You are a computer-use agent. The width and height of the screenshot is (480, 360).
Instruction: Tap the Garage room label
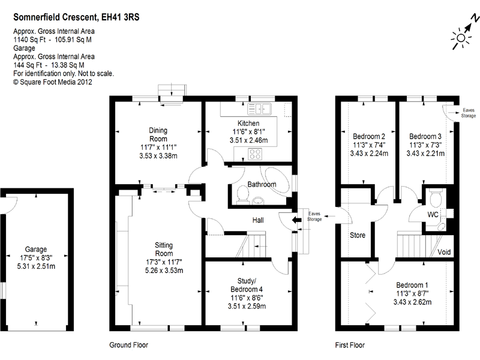coord(36,250)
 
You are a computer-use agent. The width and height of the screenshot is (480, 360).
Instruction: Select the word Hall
coord(258,221)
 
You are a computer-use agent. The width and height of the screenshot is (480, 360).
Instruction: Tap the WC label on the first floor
coord(433,214)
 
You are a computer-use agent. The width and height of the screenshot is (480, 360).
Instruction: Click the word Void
coord(445,251)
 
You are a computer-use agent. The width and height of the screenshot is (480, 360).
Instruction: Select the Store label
coord(357,235)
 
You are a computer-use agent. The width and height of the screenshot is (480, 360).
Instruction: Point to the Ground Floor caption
coord(128,345)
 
